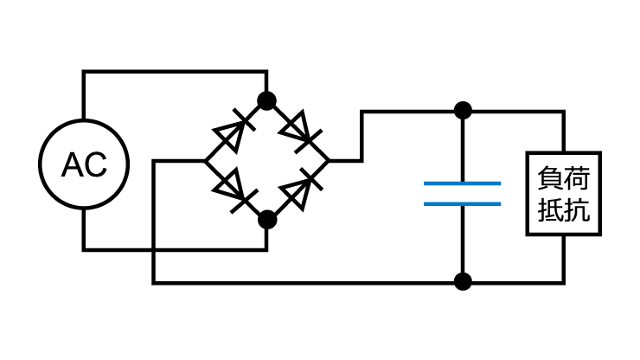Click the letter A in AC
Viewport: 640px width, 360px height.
pyautogui.click(x=73, y=164)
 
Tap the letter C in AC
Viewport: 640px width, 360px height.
pyautogui.click(x=97, y=164)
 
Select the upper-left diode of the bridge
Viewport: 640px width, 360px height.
pyautogui.click(x=234, y=131)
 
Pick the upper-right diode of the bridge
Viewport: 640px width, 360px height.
pyautogui.click(x=300, y=132)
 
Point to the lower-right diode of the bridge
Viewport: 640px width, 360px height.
pyautogui.click(x=301, y=190)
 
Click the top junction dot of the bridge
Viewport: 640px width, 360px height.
pyautogui.click(x=267, y=100)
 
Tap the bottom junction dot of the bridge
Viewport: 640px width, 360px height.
pyautogui.click(x=267, y=220)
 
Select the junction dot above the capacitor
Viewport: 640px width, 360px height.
pyautogui.click(x=463, y=110)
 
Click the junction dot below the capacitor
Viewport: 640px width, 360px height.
pyautogui.click(x=463, y=281)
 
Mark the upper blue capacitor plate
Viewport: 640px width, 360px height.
pyautogui.click(x=462, y=183)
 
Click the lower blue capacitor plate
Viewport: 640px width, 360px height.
pyautogui.click(x=462, y=204)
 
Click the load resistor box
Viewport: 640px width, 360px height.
pyautogui.click(x=527, y=194)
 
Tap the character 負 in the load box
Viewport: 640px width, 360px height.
pyautogui.click(x=550, y=177)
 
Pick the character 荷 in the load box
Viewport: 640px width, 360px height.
pyautogui.click(x=577, y=177)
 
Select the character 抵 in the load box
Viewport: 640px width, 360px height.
pyautogui.click(x=550, y=209)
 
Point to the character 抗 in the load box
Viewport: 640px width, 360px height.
pyautogui.click(x=577, y=209)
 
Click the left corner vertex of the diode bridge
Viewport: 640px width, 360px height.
pyautogui.click(x=205, y=161)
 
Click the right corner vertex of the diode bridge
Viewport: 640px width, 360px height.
pyautogui.click(x=329, y=161)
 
